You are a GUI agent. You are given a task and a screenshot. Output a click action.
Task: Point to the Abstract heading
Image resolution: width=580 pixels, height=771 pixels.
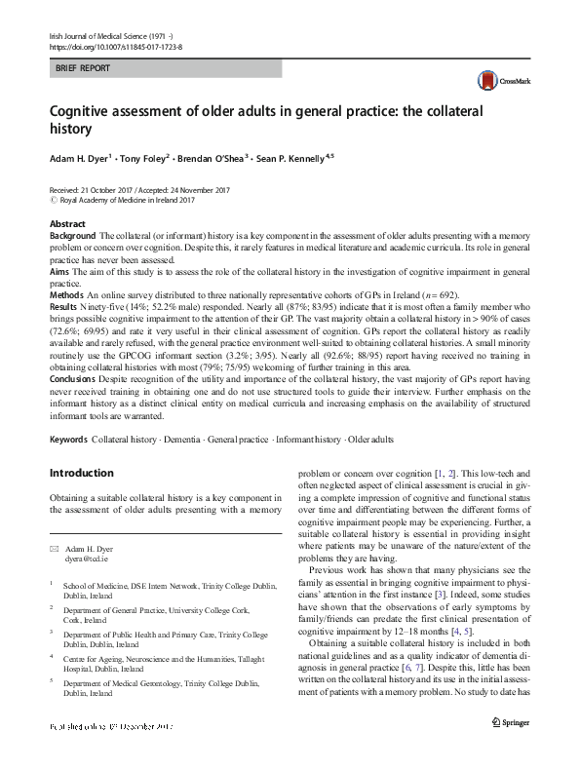coord(66,223)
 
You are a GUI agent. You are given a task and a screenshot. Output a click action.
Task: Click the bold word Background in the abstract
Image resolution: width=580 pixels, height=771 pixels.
coord(72,237)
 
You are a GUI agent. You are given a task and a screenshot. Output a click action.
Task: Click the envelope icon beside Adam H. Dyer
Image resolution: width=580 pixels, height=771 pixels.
coord(55,549)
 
